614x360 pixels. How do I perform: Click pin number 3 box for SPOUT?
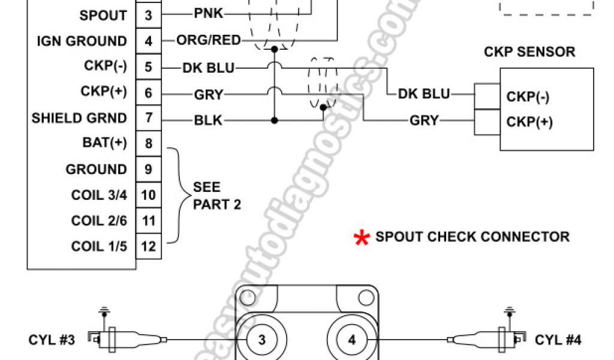[148, 15]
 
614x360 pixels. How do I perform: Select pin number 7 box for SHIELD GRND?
[148, 118]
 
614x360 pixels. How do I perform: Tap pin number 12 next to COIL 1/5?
[148, 246]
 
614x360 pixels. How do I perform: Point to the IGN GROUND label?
[82, 41]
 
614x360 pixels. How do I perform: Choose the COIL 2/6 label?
[99, 221]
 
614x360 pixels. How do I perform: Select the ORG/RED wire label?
[208, 41]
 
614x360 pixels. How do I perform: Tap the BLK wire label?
[207, 121]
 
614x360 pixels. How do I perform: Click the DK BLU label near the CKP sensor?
[423, 94]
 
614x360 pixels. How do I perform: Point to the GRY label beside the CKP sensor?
[424, 121]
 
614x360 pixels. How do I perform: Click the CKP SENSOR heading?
[529, 52]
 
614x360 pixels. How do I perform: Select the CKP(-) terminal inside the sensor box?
[528, 97]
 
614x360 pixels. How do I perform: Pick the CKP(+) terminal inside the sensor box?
[528, 122]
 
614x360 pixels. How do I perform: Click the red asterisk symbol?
[362, 238]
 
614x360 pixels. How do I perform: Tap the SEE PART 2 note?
[216, 196]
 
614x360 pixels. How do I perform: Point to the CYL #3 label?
[52, 340]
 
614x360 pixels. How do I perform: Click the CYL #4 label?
[558, 340]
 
